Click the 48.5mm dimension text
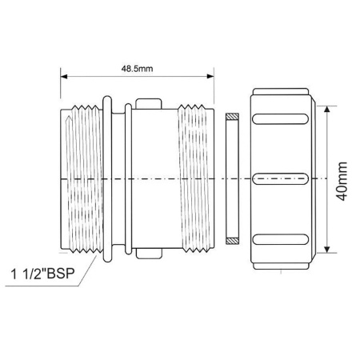tap(137, 70)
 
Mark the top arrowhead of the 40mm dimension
tap(327, 107)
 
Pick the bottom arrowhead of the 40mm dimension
tap(327, 250)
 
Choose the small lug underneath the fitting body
tap(150, 255)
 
